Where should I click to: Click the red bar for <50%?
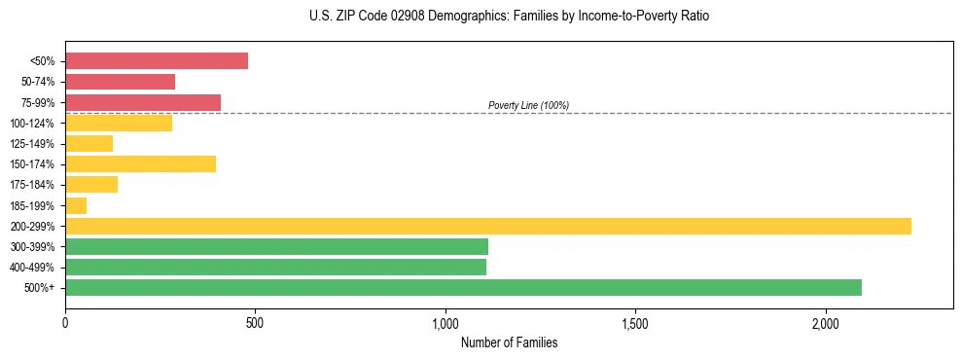click(156, 61)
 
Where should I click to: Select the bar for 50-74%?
click(120, 82)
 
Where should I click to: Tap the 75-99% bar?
click(143, 102)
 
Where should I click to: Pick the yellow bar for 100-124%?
click(119, 123)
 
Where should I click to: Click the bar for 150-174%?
click(140, 164)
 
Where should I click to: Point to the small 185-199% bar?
click(76, 205)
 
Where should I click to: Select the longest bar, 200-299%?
click(487, 226)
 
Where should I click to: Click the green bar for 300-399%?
click(276, 247)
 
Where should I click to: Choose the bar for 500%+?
click(463, 288)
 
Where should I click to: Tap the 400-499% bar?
click(275, 268)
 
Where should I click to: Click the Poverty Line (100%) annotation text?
click(528, 105)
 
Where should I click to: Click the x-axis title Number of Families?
click(509, 342)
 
